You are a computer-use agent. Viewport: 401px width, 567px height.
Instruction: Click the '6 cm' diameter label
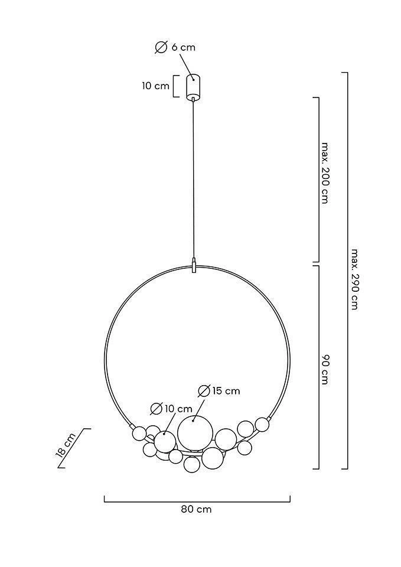(183, 47)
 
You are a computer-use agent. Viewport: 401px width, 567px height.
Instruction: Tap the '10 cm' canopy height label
(155, 86)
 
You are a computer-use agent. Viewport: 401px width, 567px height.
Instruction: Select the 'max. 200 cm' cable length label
(325, 173)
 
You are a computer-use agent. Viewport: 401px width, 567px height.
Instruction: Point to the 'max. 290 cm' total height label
(354, 279)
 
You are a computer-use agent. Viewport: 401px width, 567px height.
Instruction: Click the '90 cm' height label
(325, 370)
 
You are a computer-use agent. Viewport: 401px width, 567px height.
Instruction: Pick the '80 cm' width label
(196, 509)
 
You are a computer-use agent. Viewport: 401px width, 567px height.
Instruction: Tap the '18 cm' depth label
(66, 445)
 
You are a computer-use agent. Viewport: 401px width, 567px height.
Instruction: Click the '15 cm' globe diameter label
(226, 391)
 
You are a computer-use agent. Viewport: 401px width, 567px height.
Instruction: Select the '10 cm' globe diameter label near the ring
(178, 409)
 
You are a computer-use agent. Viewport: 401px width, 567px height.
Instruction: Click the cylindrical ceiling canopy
(193, 87)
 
